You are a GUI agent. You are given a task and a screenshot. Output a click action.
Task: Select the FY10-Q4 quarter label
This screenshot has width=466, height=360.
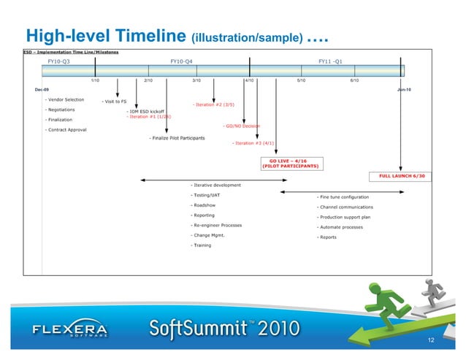tap(181, 62)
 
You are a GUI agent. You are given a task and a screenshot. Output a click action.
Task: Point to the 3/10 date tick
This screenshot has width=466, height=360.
tap(196, 80)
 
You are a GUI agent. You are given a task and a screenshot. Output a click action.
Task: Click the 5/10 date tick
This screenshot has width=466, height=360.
tap(301, 80)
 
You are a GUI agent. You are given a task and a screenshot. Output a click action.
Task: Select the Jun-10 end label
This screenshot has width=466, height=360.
tap(404, 89)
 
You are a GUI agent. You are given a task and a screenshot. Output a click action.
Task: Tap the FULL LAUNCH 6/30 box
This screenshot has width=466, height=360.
tap(402, 176)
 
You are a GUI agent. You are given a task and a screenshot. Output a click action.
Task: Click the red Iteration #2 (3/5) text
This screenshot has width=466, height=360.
tap(213, 104)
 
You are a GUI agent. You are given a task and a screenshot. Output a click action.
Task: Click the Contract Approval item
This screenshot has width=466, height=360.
tap(66, 130)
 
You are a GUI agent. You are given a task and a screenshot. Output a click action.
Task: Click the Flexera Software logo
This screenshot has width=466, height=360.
tap(70, 331)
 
